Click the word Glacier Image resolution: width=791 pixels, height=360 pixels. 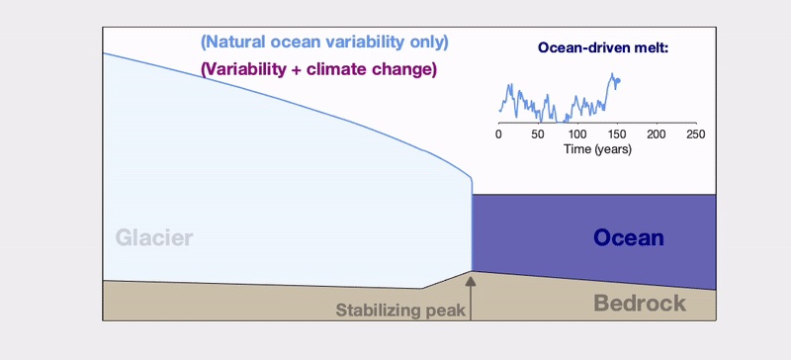pos(153,238)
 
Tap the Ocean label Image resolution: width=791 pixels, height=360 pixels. pos(628,237)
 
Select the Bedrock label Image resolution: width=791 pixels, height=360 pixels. pos(640,303)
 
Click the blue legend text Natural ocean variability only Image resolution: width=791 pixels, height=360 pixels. pos(324,43)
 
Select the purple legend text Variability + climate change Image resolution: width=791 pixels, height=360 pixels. pos(318,70)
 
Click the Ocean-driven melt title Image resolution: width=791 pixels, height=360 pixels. pos(603,46)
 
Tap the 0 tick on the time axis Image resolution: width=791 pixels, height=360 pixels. pos(499,134)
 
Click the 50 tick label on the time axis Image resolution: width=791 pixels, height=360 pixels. pos(538,134)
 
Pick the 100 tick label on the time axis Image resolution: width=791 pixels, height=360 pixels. pos(576,134)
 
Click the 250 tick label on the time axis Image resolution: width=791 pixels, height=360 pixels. pos(695,134)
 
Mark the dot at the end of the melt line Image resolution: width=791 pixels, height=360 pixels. pos(617,81)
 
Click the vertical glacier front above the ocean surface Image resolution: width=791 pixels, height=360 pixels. pos(472,185)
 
